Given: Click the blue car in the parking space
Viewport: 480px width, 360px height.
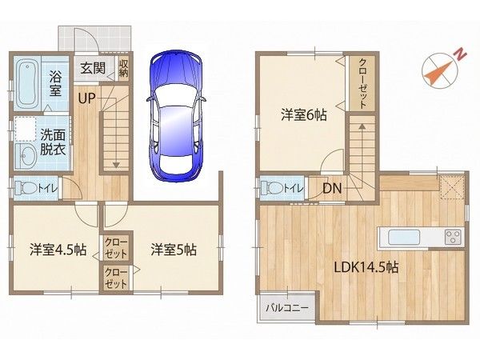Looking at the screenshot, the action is [177, 117].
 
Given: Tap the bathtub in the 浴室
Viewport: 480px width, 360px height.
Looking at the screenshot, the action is [27, 85].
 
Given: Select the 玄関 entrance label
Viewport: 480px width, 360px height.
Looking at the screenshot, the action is [93, 68].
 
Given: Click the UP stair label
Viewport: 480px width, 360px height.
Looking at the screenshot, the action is [86, 98].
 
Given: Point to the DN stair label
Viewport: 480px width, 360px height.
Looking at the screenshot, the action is [332, 188].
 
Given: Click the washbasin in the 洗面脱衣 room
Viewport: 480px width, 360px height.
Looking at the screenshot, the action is [25, 156].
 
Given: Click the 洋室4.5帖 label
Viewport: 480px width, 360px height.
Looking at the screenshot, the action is [58, 250].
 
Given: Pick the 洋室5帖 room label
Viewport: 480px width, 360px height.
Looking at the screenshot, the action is [174, 250].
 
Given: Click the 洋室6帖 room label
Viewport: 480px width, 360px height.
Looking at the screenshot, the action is [304, 115].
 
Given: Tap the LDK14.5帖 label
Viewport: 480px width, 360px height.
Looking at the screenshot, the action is [366, 267].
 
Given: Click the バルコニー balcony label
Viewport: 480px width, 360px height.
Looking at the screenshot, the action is [287, 308].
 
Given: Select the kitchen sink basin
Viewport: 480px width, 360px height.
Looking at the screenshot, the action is [404, 238].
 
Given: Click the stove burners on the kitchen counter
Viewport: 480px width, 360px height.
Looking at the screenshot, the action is [453, 238].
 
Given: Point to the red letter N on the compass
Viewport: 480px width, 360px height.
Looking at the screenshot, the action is [460, 55].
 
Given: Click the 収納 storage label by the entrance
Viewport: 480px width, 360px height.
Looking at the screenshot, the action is [124, 68].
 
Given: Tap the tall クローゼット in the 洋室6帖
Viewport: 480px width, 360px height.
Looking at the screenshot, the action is [362, 83].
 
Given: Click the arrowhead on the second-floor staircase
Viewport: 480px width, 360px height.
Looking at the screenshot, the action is [362, 126].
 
